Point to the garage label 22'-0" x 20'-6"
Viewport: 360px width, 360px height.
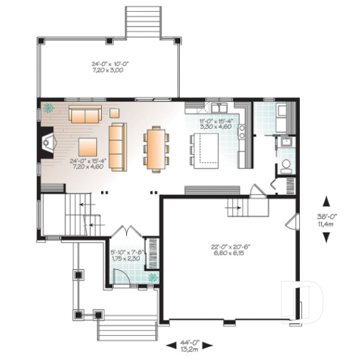228,249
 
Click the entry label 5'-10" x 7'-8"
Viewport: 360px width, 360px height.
128,255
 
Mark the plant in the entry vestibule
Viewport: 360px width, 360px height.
152,278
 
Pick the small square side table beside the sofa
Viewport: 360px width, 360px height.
114,112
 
